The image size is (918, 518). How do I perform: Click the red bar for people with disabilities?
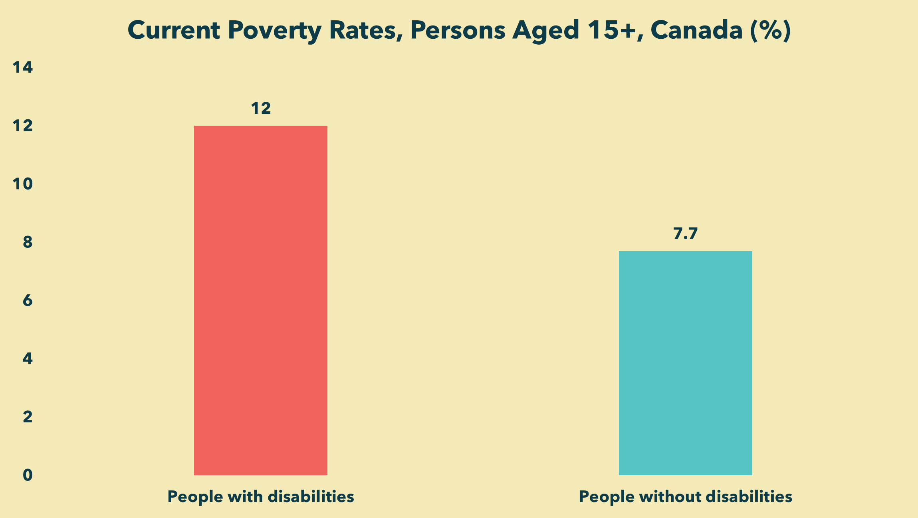point(261,301)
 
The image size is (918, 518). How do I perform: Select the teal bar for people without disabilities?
point(686,363)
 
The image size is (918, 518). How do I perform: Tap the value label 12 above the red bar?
point(261,109)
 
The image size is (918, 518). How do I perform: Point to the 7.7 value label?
point(685,234)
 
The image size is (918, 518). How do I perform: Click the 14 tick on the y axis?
point(23,67)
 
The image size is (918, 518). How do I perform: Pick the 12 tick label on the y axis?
point(23,126)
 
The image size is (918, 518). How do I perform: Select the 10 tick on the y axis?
point(23,184)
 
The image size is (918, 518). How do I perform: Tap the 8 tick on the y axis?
point(28,242)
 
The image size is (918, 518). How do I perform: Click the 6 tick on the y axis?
point(28,301)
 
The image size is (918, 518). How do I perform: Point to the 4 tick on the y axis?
point(28,359)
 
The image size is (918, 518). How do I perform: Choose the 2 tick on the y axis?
point(28,417)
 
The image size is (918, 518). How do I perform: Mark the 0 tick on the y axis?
point(28,475)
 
